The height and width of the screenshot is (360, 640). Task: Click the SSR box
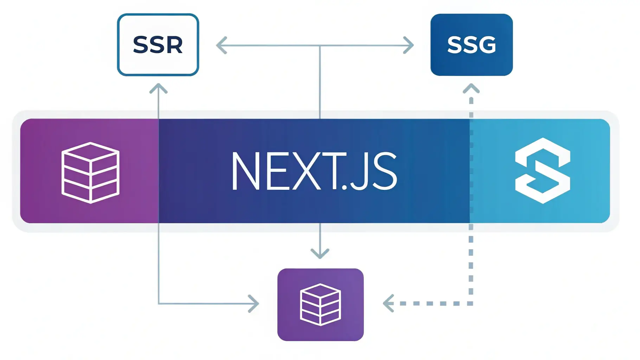[158, 45]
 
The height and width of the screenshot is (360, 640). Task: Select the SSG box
[471, 45]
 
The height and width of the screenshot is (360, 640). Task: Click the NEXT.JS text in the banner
[314, 171]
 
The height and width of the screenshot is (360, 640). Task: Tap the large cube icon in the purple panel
[90, 172]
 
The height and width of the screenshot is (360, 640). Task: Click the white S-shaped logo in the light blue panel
[543, 171]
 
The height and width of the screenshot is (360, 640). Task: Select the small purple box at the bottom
[320, 304]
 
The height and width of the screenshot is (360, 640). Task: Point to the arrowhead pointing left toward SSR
[221, 45]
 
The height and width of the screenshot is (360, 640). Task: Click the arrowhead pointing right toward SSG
[409, 45]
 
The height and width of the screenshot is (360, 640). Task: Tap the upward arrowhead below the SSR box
[158, 88]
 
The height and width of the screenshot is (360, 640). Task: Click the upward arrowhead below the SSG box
[471, 88]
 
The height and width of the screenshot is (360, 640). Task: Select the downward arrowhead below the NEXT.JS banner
[320, 254]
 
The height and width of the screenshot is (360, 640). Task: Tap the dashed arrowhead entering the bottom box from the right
[388, 303]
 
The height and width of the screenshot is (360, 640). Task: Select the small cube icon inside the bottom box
[320, 304]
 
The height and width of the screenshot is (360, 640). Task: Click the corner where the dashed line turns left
[471, 303]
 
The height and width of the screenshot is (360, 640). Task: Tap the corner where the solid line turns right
[159, 303]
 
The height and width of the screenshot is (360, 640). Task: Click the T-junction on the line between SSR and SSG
[320, 46]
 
